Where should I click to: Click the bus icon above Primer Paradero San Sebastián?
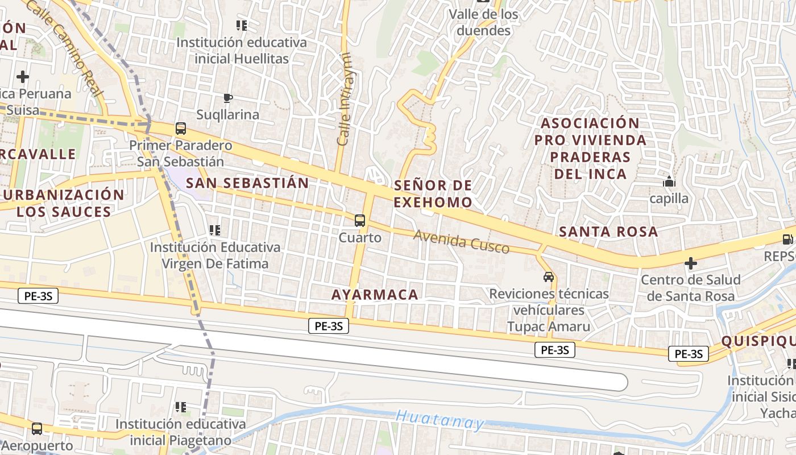[181, 129]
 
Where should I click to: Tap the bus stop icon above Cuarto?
[359, 221]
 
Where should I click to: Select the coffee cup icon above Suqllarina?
[228, 98]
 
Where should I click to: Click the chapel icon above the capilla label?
[669, 182]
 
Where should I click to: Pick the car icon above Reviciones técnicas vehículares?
[549, 277]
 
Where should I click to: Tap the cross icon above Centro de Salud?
[691, 263]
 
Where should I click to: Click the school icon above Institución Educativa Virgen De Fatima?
[215, 230]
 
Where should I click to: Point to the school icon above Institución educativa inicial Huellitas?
[242, 26]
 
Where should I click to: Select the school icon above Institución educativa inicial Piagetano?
[181, 407]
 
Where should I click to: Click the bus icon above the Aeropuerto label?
[37, 428]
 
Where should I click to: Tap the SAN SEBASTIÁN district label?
[247, 183]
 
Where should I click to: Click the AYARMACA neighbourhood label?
[375, 295]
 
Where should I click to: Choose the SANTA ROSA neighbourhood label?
[608, 231]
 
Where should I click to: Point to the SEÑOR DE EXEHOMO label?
[433, 193]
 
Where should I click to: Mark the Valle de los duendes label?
[484, 22]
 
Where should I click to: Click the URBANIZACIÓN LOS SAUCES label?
[63, 203]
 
